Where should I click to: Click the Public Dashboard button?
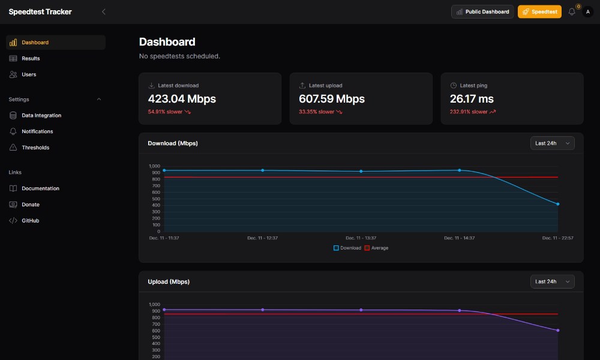(482, 11)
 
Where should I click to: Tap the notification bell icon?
(572, 11)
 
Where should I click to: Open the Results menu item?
(31, 58)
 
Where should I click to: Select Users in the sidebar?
(29, 74)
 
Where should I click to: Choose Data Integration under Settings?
(41, 115)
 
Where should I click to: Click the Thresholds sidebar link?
(35, 148)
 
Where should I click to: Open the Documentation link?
(40, 188)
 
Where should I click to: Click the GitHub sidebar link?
(30, 221)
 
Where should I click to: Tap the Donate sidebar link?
(31, 205)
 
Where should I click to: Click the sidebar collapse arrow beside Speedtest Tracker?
(104, 11)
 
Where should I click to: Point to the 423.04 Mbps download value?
(182, 99)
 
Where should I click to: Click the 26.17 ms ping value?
(472, 99)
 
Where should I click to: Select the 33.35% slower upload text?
(317, 112)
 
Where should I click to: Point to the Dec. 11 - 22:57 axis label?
(558, 238)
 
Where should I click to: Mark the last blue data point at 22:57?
(558, 204)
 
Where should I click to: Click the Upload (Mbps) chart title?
(173, 281)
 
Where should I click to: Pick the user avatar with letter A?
(587, 11)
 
